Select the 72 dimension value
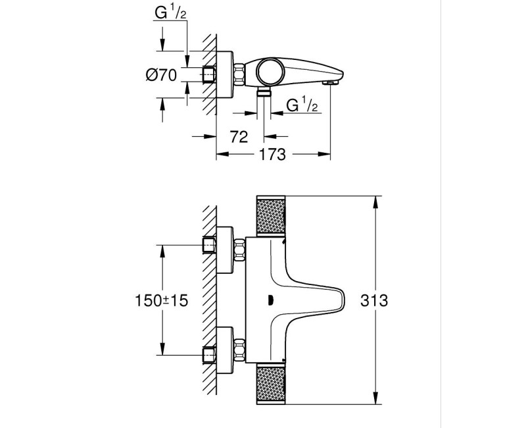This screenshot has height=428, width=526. pos(239,136)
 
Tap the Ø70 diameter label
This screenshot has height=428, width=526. pos(161,75)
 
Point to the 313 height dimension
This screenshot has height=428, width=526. pos(374,301)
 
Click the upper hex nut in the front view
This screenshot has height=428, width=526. pos(239,250)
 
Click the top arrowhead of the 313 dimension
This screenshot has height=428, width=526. pos(375,200)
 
